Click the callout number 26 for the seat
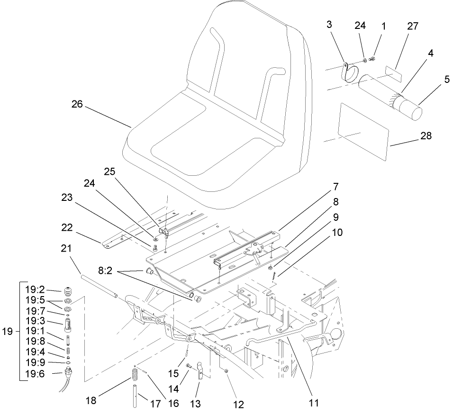77,105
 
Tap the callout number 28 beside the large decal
426,135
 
